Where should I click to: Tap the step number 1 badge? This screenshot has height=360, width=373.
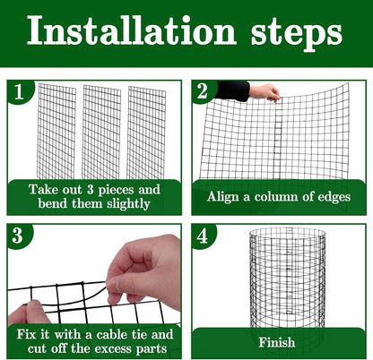tap(19, 91)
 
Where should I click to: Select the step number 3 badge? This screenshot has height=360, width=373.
tap(19, 236)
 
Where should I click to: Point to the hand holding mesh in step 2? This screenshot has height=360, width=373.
tap(265, 91)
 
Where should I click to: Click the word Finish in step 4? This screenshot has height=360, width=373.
tap(276, 342)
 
